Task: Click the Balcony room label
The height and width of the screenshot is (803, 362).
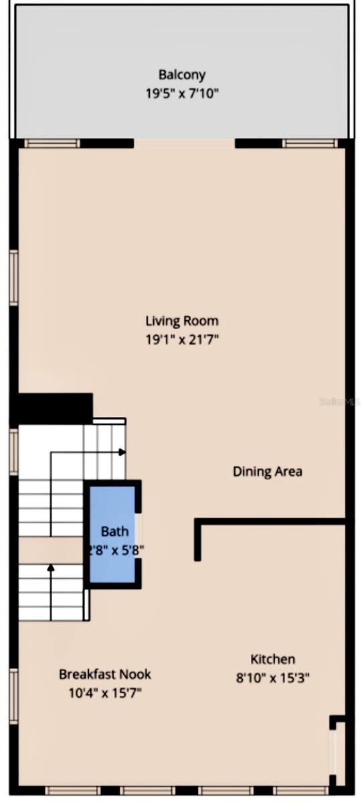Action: [181, 74]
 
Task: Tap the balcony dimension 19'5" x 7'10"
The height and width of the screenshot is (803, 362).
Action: [181, 94]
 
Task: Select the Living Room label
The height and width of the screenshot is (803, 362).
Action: [181, 321]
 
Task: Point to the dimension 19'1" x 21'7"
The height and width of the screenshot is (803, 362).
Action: [181, 339]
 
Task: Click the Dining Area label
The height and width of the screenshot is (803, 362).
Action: [267, 471]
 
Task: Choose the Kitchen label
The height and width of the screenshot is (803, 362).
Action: [272, 659]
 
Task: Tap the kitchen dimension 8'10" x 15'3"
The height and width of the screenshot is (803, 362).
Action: [272, 677]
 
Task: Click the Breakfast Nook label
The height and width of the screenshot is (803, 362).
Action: [104, 674]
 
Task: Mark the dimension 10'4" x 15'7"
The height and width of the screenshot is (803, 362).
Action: [104, 693]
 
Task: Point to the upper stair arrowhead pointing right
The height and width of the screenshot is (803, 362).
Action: [122, 452]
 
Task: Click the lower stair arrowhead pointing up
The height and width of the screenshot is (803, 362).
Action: [51, 568]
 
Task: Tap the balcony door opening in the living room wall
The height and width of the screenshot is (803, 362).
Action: [185, 143]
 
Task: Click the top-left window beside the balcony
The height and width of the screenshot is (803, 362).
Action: [52, 143]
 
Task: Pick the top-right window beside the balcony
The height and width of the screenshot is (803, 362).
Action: [309, 143]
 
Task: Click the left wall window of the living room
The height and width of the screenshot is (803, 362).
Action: [13, 277]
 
